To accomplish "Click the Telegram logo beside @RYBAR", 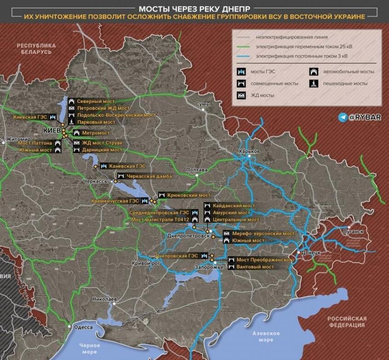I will (x=343, y=117).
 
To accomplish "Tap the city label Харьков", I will (x=250, y=151).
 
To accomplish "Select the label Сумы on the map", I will (x=203, y=104).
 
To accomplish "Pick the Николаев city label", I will (x=104, y=299).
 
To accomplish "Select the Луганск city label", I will (x=353, y=232).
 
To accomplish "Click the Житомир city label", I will (x=18, y=139).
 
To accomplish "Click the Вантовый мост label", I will (x=255, y=267).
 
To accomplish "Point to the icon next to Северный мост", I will (x=72, y=101).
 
